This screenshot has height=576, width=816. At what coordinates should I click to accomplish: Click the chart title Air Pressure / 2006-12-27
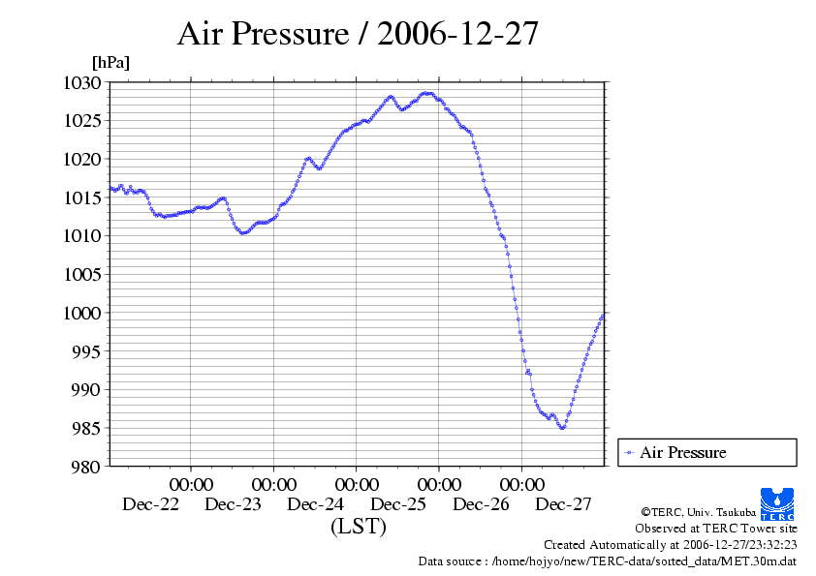click(x=358, y=34)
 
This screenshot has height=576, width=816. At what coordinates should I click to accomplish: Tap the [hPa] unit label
click(x=110, y=62)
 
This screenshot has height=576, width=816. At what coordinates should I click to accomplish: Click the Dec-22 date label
click(x=150, y=504)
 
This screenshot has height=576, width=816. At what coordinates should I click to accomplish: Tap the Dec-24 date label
click(x=316, y=504)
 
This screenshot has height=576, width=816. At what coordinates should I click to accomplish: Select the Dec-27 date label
click(x=564, y=504)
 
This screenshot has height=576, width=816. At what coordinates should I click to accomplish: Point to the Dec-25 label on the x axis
click(x=398, y=504)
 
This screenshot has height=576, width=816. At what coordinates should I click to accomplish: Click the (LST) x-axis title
click(x=358, y=527)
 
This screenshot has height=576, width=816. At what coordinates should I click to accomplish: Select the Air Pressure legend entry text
click(x=682, y=452)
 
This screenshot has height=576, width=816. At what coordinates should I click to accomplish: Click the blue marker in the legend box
click(x=629, y=452)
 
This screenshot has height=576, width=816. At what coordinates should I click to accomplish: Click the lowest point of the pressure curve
click(x=562, y=428)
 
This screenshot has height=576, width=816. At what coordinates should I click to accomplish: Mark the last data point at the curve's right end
click(x=603, y=315)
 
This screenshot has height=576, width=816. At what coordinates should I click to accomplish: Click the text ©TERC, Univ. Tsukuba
click(x=698, y=511)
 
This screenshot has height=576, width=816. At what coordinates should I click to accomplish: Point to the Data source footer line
click(x=608, y=561)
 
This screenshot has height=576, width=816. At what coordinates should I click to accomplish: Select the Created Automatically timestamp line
click(x=670, y=545)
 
